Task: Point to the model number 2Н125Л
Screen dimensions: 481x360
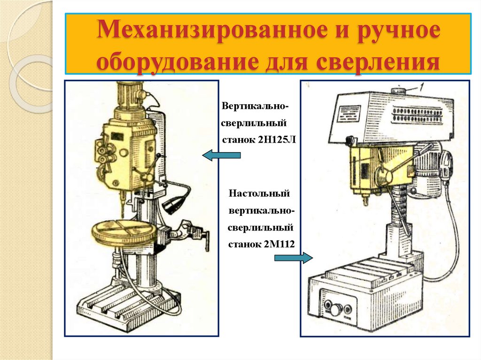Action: [277, 139]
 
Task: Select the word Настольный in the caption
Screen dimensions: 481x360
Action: [259, 194]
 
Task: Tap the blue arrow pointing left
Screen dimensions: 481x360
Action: [221, 155]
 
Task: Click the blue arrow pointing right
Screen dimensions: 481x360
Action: [294, 258]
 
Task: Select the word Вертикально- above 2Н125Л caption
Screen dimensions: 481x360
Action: [255, 106]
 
